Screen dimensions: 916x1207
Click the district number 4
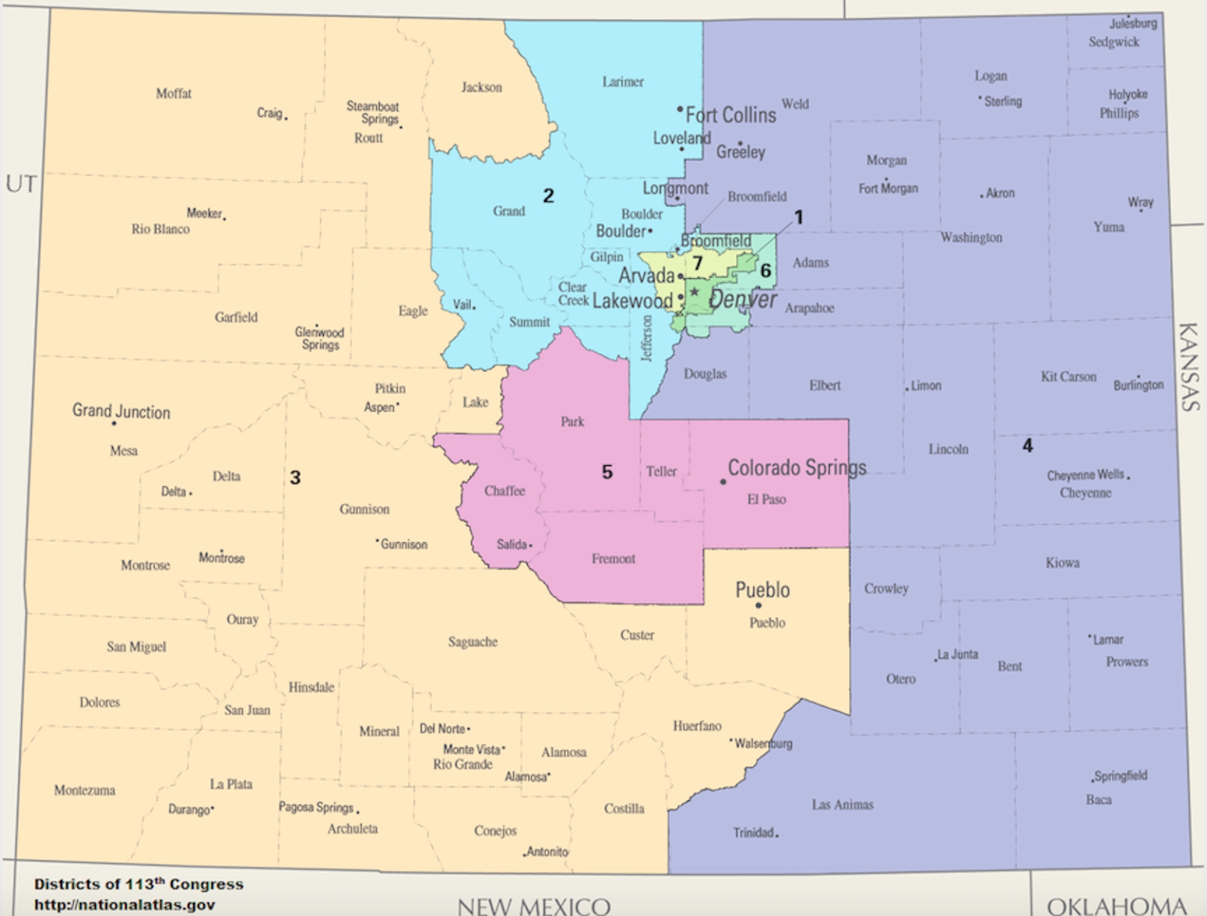[1027, 445]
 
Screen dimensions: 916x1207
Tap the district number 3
[295, 477]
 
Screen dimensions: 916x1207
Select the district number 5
[607, 471]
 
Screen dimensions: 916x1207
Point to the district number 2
[548, 196]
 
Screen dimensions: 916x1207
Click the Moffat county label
[174, 93]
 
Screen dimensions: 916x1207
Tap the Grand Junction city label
[121, 412]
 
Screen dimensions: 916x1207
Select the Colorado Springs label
[797, 467]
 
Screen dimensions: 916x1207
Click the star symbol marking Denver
[695, 292]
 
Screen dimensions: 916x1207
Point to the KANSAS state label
[1188, 366]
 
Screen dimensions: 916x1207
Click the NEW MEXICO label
[534, 906]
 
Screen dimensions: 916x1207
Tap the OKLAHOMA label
[1116, 906]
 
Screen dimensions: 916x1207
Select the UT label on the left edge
[21, 184]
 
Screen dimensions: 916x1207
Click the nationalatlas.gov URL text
[124, 904]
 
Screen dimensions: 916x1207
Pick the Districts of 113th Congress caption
[138, 884]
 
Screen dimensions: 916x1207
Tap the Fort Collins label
[731, 115]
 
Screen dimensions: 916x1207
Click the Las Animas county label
[842, 804]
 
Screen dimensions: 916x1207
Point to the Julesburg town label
[1133, 24]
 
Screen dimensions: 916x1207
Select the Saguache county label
[473, 642]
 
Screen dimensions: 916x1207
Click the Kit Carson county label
[1068, 376]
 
